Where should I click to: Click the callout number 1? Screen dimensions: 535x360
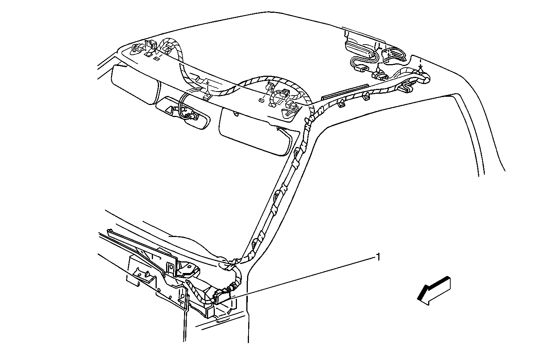click(378, 257)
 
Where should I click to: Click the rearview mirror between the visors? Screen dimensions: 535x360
click(183, 112)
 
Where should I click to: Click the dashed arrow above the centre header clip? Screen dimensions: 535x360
click(208, 85)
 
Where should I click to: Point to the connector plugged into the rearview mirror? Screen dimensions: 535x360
click(192, 116)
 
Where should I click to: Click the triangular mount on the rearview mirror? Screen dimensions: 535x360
click(170, 110)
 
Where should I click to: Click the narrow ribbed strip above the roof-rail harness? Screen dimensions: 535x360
click(345, 91)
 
